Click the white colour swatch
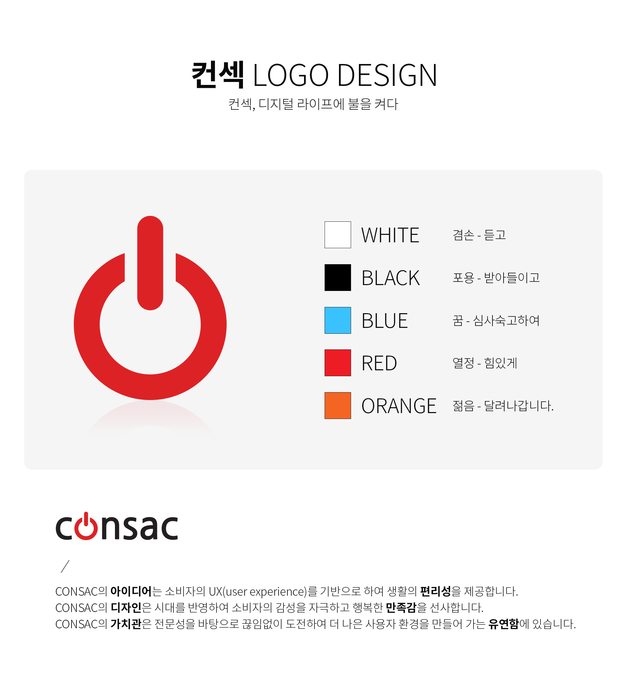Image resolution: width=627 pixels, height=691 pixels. [338, 235]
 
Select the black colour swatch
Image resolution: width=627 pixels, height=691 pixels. [338, 278]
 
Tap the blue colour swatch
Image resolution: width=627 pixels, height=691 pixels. [338, 320]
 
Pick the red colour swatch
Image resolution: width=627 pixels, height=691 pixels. [338, 362]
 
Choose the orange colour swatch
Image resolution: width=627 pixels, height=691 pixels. [338, 406]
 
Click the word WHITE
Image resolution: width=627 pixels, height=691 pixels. [390, 235]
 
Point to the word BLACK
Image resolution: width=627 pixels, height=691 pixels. [391, 278]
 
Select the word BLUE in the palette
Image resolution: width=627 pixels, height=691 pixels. [385, 320]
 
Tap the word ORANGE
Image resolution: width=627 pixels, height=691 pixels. [399, 406]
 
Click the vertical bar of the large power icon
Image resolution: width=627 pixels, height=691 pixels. [150, 263]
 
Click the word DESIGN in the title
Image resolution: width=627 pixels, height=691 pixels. [387, 75]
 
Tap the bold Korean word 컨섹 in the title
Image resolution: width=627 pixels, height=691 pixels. [218, 74]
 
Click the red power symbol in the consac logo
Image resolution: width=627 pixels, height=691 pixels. [86, 530]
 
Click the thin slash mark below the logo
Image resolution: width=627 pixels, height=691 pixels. [65, 566]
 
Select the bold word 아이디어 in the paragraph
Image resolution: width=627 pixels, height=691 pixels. [131, 591]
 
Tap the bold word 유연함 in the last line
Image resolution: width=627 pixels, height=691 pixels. [504, 624]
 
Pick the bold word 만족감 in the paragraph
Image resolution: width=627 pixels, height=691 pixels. [401, 607]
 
